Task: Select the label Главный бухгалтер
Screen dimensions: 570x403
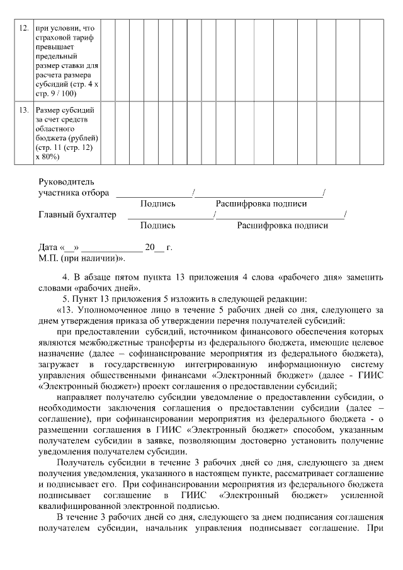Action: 77,215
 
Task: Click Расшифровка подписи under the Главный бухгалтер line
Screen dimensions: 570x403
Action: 282,225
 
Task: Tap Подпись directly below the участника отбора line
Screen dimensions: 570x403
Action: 158,204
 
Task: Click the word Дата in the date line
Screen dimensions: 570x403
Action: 48,248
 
